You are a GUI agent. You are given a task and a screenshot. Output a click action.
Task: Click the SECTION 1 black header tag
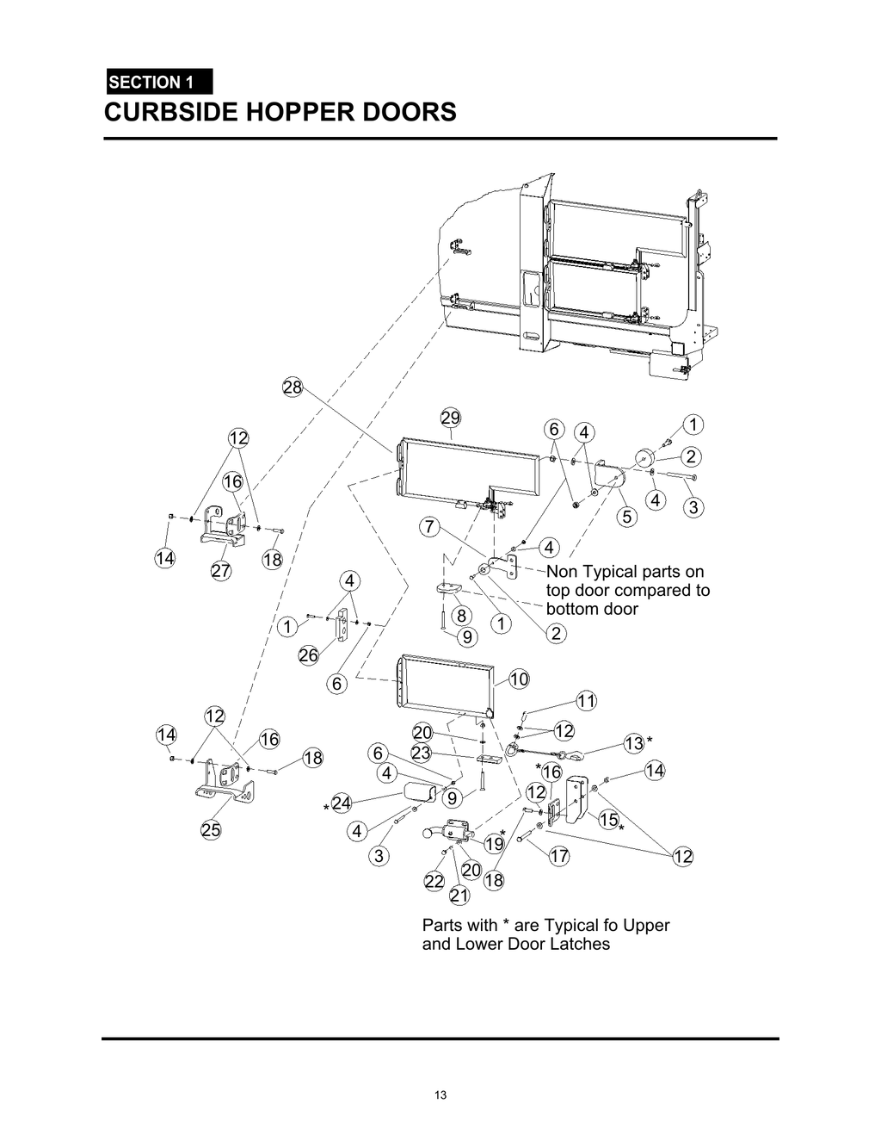[158, 83]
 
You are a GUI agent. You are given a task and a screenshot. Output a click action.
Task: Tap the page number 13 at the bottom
[440, 1095]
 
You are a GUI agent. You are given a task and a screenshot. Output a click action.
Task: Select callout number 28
[293, 388]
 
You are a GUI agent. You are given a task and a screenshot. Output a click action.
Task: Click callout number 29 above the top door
[450, 419]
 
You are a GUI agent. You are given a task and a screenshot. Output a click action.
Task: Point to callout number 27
[221, 571]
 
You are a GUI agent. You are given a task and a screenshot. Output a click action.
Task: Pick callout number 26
[308, 655]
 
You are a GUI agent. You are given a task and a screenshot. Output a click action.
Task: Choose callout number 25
[211, 830]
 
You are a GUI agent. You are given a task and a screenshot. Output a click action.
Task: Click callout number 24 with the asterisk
[341, 803]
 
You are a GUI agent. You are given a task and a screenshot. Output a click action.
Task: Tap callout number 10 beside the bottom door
[519, 679]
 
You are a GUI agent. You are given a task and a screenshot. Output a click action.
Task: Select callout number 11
[586, 701]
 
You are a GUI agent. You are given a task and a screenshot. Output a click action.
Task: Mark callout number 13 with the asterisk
[634, 743]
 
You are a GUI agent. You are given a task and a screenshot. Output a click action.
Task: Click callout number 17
[559, 856]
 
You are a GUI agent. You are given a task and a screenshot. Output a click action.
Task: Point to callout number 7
[430, 526]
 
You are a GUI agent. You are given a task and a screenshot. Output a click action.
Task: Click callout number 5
[626, 517]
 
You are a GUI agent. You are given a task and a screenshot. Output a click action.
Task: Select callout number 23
[421, 753]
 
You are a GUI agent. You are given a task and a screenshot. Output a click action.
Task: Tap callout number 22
[434, 881]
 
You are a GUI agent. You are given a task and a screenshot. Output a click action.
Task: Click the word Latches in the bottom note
[581, 944]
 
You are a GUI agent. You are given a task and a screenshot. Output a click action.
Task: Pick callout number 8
[461, 615]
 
